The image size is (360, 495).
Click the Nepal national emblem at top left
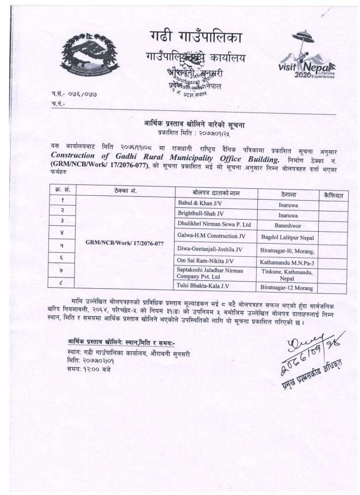point(89,56)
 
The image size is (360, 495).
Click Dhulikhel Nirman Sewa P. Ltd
point(214,224)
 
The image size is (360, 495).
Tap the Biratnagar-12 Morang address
point(286,287)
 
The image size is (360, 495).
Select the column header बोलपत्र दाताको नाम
point(216,193)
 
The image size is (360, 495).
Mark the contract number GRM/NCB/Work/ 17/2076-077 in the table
point(125,243)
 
